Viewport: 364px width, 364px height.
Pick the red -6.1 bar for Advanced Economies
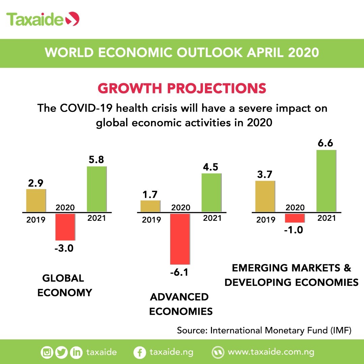tap(180, 239)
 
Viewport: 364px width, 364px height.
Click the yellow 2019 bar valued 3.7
tap(265, 196)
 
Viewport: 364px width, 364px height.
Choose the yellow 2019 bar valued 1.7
tap(150, 206)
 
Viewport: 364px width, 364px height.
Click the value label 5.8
tap(96, 160)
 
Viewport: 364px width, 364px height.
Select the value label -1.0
tap(295, 231)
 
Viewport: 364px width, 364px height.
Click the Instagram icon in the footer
tap(47, 353)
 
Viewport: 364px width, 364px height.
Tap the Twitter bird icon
tap(62, 353)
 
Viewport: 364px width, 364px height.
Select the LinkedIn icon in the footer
tap(76, 353)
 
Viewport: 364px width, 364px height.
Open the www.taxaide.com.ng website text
tap(271, 352)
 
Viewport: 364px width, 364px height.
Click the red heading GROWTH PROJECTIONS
tap(182, 88)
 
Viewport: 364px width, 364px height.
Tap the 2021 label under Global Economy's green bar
tap(96, 218)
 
